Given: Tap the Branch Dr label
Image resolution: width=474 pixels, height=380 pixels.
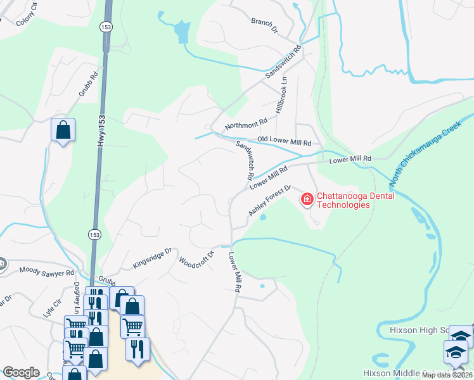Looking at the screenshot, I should pyautogui.click(x=265, y=25).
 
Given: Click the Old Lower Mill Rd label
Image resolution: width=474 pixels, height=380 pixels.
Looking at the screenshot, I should pyautogui.click(x=285, y=142).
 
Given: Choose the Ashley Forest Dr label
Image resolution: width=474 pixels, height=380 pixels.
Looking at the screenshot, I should pyautogui.click(x=269, y=201).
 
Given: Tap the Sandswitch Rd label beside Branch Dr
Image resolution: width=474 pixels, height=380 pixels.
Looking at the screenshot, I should pyautogui.click(x=283, y=61).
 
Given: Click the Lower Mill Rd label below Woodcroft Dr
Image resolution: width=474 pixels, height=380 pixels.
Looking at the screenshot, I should pyautogui.click(x=234, y=272).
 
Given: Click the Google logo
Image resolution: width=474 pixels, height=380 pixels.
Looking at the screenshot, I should pyautogui.click(x=21, y=372).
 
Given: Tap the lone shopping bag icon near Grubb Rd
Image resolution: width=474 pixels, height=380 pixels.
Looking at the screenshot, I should pyautogui.click(x=63, y=130).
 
